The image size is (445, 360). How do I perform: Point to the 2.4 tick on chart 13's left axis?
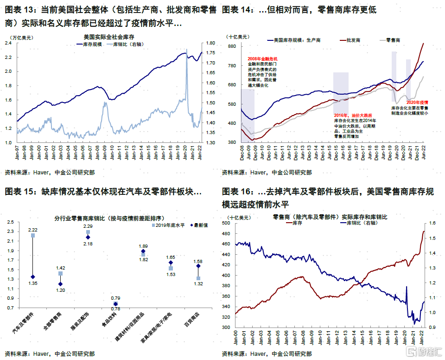click(x=8, y=43)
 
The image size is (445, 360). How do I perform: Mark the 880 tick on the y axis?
click(x=232, y=46)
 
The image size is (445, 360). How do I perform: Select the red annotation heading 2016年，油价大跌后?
click(x=353, y=115)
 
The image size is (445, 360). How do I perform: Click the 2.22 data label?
click(x=32, y=230)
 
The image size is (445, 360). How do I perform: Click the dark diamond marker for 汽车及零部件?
click(x=32, y=277)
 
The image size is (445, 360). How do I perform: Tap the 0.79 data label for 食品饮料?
click(x=116, y=298)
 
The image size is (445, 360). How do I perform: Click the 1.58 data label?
click(x=198, y=262)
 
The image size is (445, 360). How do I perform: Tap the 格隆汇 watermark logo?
click(x=425, y=351)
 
